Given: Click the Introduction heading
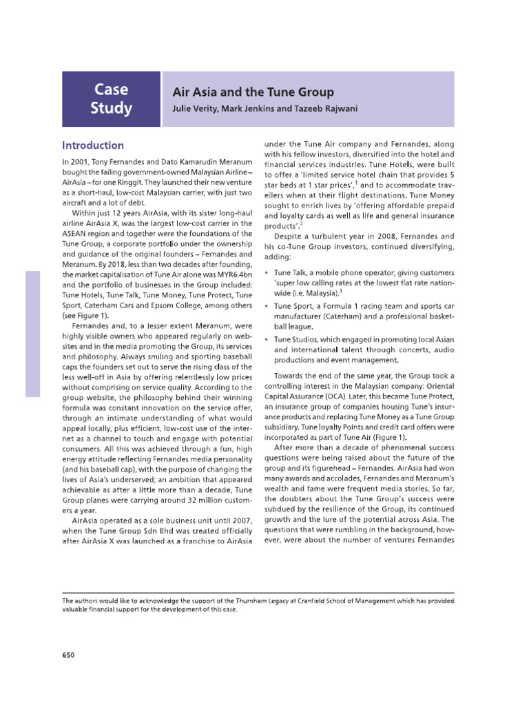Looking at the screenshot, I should pyautogui.click(x=93, y=145).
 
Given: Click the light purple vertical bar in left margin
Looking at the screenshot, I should pyautogui.click(x=32, y=334).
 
